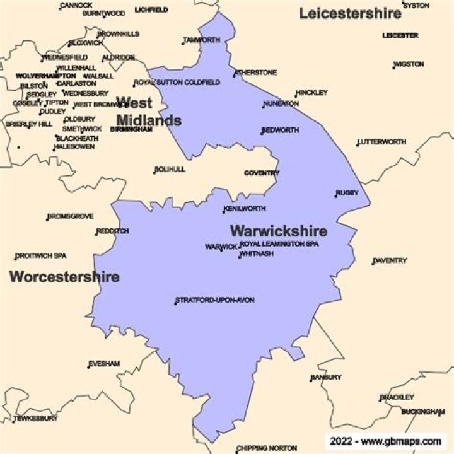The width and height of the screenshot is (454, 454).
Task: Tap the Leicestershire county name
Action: pyautogui.click(x=350, y=13)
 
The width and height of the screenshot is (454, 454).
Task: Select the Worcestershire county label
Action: pyautogui.click(x=64, y=277)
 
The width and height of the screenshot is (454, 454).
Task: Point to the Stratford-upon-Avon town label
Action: pyautogui.click(x=215, y=300)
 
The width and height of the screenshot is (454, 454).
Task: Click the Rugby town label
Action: pyautogui.click(x=347, y=193)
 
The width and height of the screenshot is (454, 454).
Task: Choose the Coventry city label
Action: pyautogui.click(x=262, y=173)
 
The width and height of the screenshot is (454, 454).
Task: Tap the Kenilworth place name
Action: pyautogui.click(x=245, y=209)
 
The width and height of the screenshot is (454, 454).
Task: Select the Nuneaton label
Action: pyautogui.click(x=281, y=103)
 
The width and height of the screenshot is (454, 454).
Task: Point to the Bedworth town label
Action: pyautogui.click(x=281, y=130)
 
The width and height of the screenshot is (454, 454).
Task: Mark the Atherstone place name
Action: pyautogui.click(x=255, y=73)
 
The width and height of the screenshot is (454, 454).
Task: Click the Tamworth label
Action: pyautogui.click(x=202, y=40)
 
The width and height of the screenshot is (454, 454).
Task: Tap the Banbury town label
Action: pyautogui.click(x=326, y=377)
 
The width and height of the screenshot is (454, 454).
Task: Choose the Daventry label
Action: pyautogui.click(x=390, y=260)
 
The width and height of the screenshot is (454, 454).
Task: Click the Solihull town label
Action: pyautogui.click(x=170, y=170)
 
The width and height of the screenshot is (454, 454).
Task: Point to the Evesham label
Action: pyautogui.click(x=104, y=364)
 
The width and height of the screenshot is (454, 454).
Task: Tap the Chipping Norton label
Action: pyautogui.click(x=267, y=448)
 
